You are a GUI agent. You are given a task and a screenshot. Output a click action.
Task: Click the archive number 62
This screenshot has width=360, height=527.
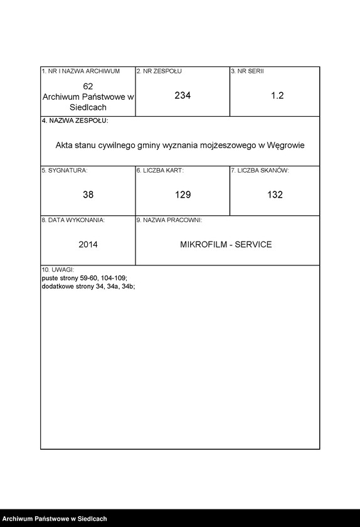pos(88,85)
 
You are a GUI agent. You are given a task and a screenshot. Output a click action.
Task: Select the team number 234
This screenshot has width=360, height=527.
pos(183,95)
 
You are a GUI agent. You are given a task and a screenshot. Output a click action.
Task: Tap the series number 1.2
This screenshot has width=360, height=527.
pos(277,95)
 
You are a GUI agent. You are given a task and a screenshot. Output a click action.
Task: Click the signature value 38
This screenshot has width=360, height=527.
pos(88,194)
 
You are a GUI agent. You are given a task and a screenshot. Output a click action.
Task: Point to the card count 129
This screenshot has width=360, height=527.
pos(183,194)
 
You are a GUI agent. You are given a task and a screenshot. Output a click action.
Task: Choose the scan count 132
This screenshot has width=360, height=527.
pos(275,194)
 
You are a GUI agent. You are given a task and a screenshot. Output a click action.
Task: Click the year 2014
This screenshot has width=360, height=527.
pos(88,244)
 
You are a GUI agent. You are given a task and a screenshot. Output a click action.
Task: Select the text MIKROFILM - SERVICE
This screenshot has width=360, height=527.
pos(226,244)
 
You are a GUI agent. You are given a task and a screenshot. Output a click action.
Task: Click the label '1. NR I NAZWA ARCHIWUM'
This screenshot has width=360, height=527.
pos(80,72)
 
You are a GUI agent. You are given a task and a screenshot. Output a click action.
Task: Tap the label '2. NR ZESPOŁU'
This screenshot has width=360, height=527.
pos(159,72)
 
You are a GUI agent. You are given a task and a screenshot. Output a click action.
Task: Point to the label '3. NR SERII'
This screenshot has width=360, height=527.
pos(247,72)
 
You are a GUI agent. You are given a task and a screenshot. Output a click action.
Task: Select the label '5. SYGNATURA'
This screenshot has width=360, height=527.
pos(65,171)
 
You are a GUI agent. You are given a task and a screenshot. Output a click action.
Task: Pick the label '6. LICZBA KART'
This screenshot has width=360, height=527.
pos(160,171)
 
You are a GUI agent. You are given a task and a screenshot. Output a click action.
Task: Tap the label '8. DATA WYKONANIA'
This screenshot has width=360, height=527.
pos(73,220)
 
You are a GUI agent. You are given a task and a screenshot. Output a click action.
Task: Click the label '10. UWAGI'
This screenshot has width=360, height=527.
pos(58,270)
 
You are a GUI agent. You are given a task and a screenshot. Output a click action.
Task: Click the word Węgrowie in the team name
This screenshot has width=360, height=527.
pos(285,145)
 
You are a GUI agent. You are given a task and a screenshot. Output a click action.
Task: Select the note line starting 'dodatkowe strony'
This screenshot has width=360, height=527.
pos(88,285)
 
